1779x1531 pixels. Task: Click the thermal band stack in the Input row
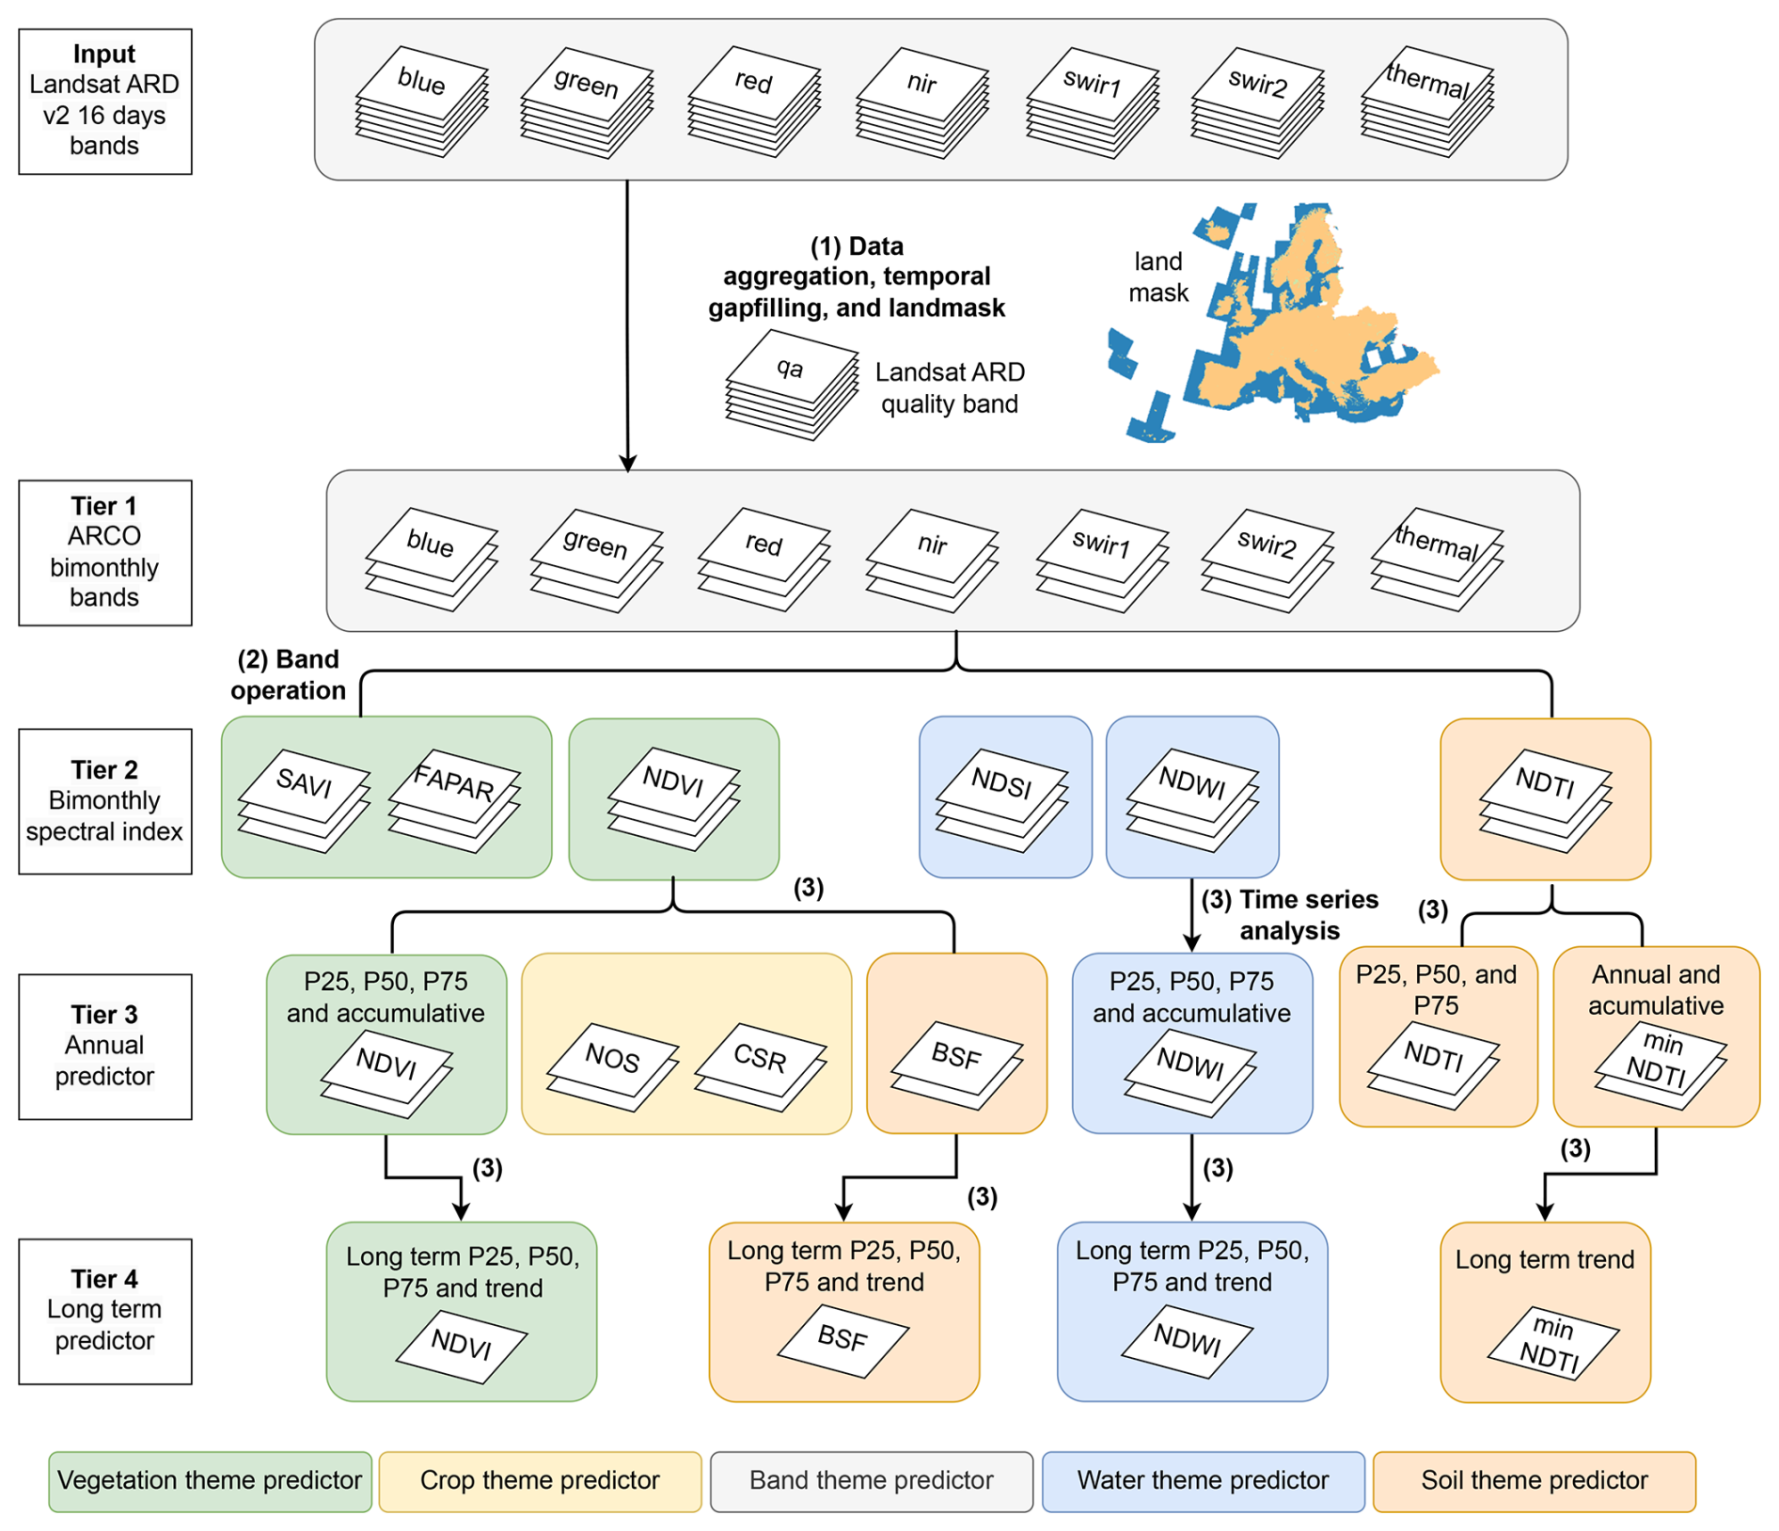1427,101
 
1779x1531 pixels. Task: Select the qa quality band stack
792,384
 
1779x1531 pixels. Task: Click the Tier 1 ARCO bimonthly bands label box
105,552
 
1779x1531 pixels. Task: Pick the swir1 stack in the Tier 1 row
1101,560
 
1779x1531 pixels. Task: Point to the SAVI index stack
304,799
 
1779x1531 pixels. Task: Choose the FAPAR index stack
454,799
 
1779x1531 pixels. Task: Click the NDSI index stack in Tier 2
1002,799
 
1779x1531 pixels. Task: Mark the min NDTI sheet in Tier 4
1552,1343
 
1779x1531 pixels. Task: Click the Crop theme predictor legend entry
540,1481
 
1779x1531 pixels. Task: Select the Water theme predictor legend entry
1203,1481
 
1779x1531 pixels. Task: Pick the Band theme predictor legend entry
871,1481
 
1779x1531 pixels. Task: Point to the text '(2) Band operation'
289,674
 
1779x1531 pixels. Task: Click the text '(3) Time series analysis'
1290,914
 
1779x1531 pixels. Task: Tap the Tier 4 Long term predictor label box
105,1310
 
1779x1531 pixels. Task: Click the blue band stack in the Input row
421,101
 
